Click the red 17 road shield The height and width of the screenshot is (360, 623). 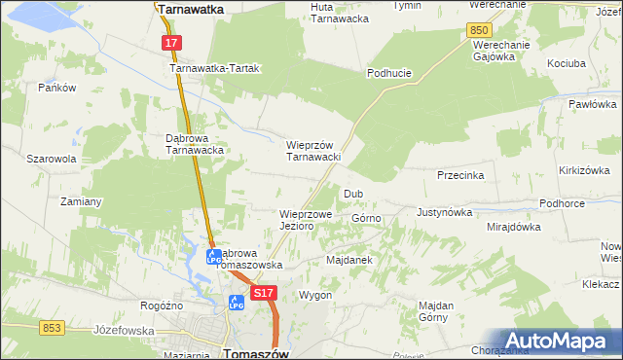pos(171,43)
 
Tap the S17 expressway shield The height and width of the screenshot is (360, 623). pos(263,292)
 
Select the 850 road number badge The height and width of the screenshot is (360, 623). pos(478,31)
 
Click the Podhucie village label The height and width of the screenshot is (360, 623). pos(390,73)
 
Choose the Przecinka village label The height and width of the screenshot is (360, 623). pos(461,176)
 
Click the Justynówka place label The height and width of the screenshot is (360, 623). pos(444,211)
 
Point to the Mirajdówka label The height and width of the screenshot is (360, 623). pos(513,227)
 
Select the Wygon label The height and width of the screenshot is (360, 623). pos(315,295)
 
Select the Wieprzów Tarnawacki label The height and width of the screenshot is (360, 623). pos(311,151)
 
